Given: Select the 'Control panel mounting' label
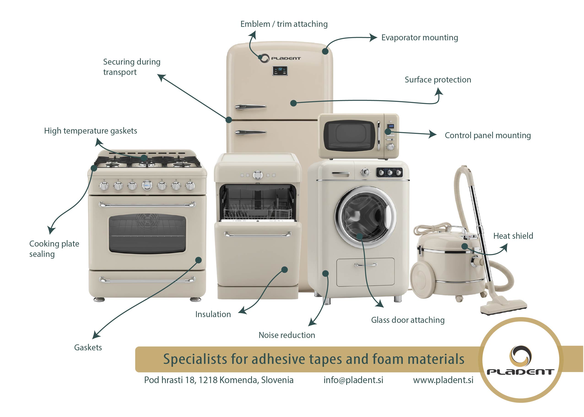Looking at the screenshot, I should point(488,135).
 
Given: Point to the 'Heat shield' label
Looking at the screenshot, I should point(513,236).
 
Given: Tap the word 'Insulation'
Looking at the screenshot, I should point(213,314).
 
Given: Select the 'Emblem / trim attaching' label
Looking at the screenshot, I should point(284,24).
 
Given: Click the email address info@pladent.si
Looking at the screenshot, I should point(353,380).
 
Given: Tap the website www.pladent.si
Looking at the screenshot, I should point(443,380).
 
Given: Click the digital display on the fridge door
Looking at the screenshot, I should point(280,71).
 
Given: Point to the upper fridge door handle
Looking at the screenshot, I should point(251,107).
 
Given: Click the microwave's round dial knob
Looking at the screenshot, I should point(390,147).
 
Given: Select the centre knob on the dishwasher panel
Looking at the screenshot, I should point(257,175).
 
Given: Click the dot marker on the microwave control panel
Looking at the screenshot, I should point(388,132).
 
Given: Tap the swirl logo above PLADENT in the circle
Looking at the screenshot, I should point(520,356).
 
